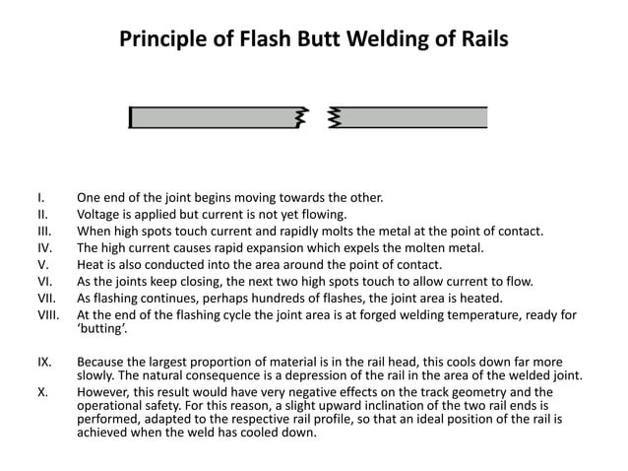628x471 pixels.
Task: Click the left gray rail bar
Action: [x=212, y=118]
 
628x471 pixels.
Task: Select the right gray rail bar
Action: [x=413, y=118]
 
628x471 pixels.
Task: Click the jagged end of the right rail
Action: [x=334, y=118]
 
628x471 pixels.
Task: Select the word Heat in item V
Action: [x=93, y=264]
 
